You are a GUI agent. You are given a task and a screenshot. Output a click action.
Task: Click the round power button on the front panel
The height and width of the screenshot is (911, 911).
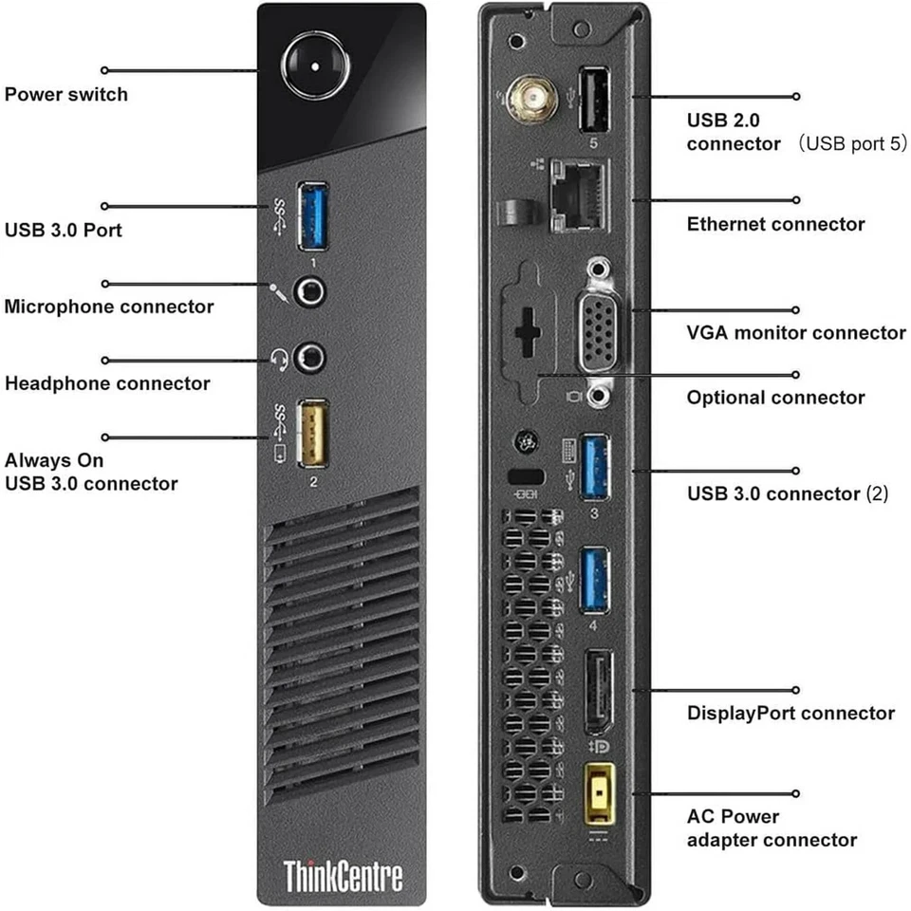coord(314,65)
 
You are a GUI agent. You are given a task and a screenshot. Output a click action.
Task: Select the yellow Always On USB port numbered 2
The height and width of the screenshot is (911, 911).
coord(314,434)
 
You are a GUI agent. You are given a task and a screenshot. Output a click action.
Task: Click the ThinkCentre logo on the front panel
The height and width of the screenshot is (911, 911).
coord(344,873)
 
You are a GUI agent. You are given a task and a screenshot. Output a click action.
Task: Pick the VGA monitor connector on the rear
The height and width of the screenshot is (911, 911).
coord(596,331)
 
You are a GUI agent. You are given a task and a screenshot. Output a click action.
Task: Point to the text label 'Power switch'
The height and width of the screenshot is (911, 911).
coord(65,94)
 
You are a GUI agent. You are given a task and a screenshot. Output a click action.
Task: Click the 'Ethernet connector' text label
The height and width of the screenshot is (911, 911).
coord(775,224)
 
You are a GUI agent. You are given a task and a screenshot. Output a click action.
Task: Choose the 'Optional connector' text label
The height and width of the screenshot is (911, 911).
coord(775,398)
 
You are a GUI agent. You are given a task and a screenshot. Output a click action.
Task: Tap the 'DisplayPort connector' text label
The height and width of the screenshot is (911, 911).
coord(790,713)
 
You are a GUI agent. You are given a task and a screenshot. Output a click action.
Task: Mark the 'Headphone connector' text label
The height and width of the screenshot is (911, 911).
coord(107,383)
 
